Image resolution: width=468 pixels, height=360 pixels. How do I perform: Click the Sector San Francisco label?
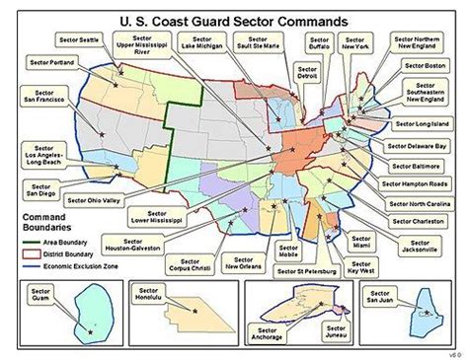click(39, 96)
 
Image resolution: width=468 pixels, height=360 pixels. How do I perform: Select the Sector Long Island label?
click(423, 124)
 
